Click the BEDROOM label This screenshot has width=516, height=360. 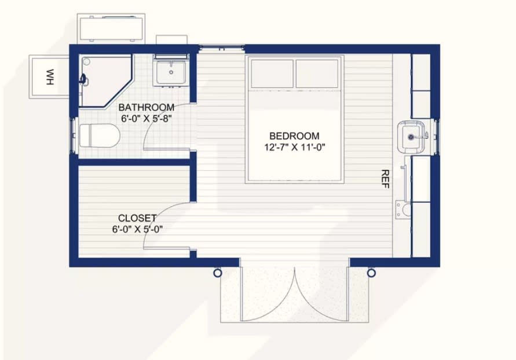click(294, 136)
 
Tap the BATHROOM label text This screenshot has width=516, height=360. click(146, 108)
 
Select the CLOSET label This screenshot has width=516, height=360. click(137, 218)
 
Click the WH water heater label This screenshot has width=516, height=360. click(50, 77)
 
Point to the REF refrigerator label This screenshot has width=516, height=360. click(385, 179)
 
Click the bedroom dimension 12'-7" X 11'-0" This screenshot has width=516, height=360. click(295, 147)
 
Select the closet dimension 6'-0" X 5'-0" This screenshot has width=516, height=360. click(137, 229)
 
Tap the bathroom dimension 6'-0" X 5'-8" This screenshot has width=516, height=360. click(147, 118)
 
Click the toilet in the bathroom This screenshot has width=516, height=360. click(100, 135)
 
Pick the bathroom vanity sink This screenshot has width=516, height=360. click(171, 72)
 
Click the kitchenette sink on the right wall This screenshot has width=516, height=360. click(411, 137)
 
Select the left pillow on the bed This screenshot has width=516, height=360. click(272, 74)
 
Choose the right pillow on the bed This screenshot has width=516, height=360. click(317, 74)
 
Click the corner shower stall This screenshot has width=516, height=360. click(105, 80)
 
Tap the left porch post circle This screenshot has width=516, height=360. click(217, 273)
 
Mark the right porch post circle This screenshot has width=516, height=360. click(371, 273)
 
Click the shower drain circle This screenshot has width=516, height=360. click(86, 61)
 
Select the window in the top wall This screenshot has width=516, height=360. click(222, 49)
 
